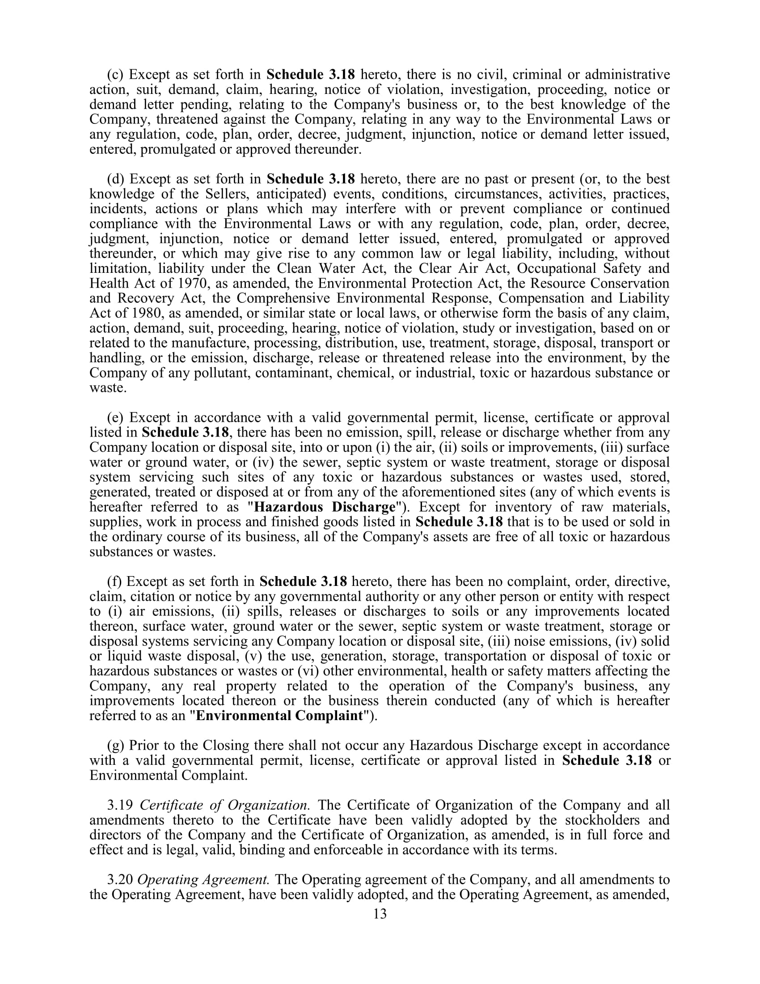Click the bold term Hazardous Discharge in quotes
[325, 507]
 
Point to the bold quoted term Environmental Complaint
[279, 716]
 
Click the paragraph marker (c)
[115, 74]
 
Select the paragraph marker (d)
[116, 179]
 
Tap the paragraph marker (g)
[116, 745]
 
